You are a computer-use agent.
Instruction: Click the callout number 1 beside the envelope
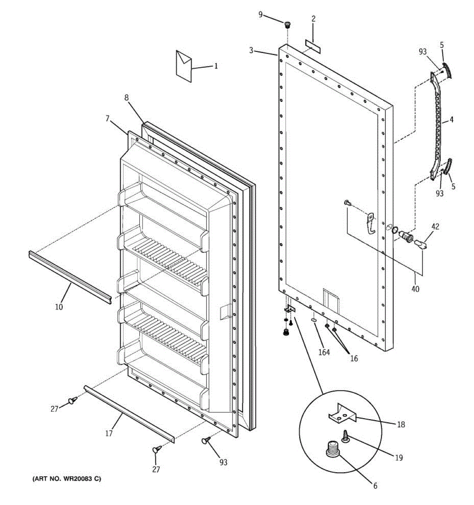pyautogui.click(x=216, y=66)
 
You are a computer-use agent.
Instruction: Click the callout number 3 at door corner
pyautogui.click(x=251, y=50)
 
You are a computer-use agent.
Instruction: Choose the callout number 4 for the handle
pyautogui.click(x=451, y=120)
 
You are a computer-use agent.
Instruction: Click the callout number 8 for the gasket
pyautogui.click(x=126, y=97)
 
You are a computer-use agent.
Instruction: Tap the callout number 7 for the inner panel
pyautogui.click(x=108, y=119)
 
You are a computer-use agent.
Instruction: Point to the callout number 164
pyautogui.click(x=324, y=352)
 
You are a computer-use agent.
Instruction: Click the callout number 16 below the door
pyautogui.click(x=353, y=359)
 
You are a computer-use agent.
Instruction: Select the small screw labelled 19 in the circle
pyautogui.click(x=345, y=435)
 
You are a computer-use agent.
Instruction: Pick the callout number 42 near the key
pyautogui.click(x=435, y=227)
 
